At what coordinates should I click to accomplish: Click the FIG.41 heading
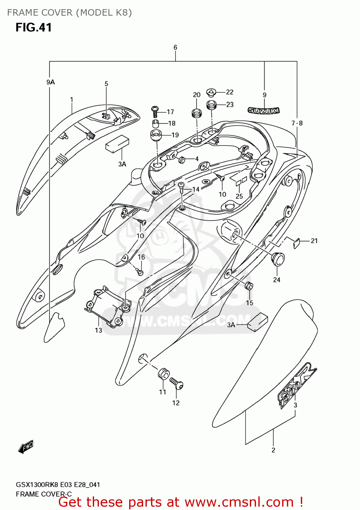33,28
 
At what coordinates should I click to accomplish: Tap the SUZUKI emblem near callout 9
263,111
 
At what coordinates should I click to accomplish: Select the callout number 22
230,92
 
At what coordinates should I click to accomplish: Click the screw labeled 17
155,111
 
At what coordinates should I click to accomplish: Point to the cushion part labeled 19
156,135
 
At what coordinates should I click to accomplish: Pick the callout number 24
276,280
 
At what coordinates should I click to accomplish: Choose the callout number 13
98,330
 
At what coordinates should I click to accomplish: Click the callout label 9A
50,82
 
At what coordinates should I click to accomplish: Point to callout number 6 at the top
175,48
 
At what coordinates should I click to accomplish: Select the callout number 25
239,196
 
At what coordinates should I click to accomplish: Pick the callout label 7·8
297,123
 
